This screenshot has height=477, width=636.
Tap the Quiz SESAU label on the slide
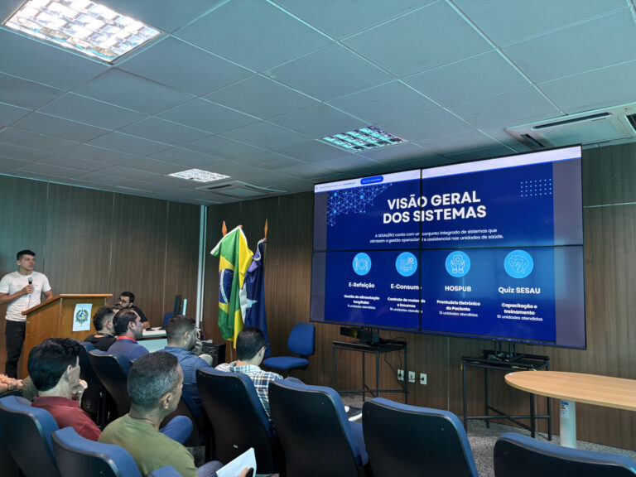[x=518, y=291]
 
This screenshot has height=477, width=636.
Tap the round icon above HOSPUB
[x=457, y=263]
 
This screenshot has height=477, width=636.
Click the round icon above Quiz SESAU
[x=518, y=263]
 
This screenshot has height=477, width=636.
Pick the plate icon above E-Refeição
[x=362, y=263]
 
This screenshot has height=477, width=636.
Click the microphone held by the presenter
[x=31, y=282]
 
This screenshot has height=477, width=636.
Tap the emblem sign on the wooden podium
[x=81, y=316]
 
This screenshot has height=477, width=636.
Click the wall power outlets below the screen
[x=411, y=378]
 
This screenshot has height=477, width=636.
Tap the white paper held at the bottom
[x=238, y=463]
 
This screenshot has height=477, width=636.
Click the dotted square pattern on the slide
[x=535, y=188]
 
